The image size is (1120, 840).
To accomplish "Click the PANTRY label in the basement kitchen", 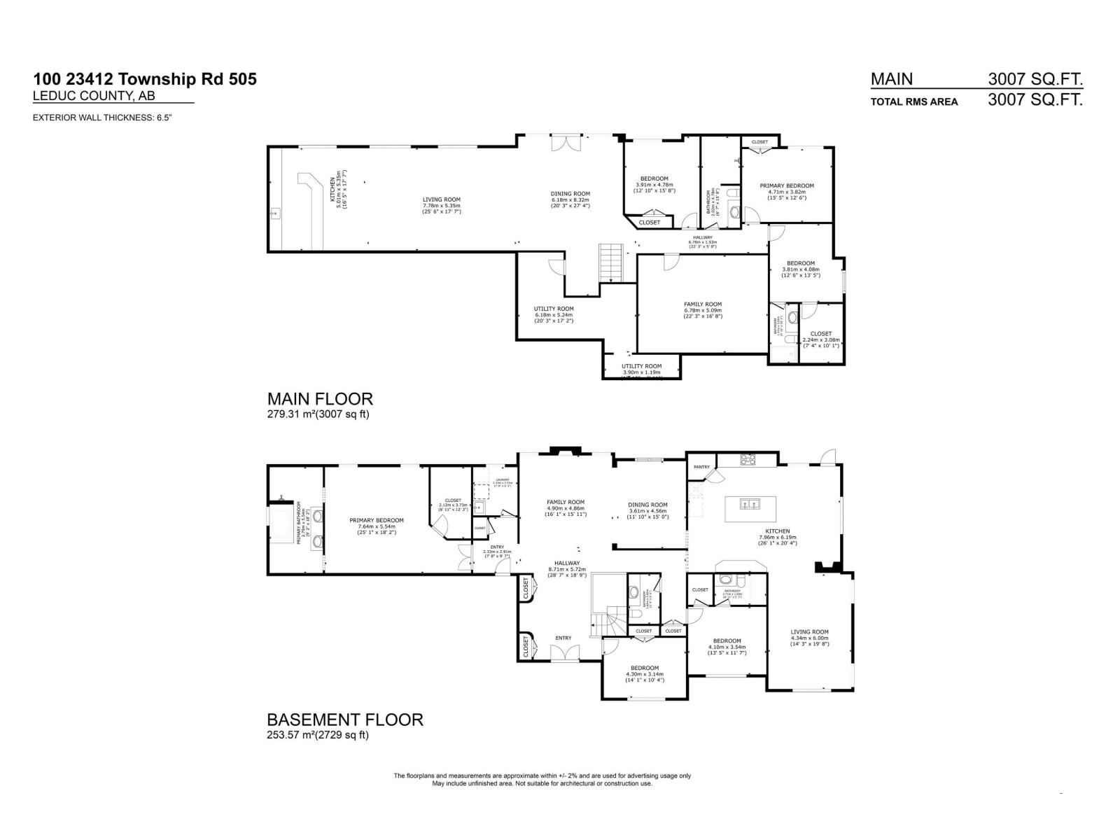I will pyautogui.click(x=701, y=467).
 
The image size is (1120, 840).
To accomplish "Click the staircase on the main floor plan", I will pyautogui.click(x=610, y=262).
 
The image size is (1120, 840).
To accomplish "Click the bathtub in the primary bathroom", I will pyautogui.click(x=282, y=523).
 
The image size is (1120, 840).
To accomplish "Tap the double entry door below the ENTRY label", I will pyautogui.click(x=564, y=652).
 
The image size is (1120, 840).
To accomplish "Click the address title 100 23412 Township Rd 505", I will pyautogui.click(x=145, y=79).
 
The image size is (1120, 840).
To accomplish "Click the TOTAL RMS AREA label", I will pyautogui.click(x=913, y=101).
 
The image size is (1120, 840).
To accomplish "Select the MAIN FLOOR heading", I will pyautogui.click(x=320, y=399).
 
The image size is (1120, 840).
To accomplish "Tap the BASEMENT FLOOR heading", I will pyautogui.click(x=345, y=720).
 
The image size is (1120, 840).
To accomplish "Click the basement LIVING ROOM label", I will pyautogui.click(x=809, y=632).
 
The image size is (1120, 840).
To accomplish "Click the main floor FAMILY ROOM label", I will pyautogui.click(x=703, y=304).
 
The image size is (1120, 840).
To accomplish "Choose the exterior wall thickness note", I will pyautogui.click(x=102, y=118).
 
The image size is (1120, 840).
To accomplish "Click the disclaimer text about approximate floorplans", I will pyautogui.click(x=542, y=779).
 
